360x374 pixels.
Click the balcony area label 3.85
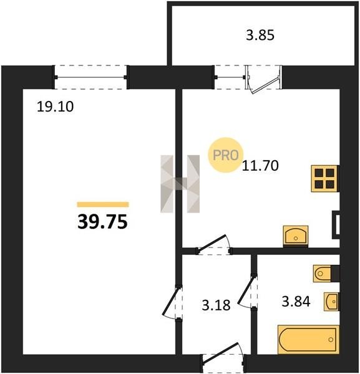260,36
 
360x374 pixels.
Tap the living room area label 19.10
55,107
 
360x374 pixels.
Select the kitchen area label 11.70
260,165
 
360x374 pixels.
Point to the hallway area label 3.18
216,305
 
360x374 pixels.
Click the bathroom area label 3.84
296,301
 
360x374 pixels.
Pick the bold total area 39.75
103,221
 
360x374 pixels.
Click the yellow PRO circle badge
226,155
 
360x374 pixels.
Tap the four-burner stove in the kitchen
324,178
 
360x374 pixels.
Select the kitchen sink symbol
296,236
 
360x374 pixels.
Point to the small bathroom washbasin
331,302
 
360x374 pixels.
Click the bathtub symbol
308,340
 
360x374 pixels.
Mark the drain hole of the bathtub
331,340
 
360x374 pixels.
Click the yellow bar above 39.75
103,204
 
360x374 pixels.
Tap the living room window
90,77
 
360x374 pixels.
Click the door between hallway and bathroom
248,291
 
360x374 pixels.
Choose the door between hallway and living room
172,302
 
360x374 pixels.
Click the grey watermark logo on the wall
180,184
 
